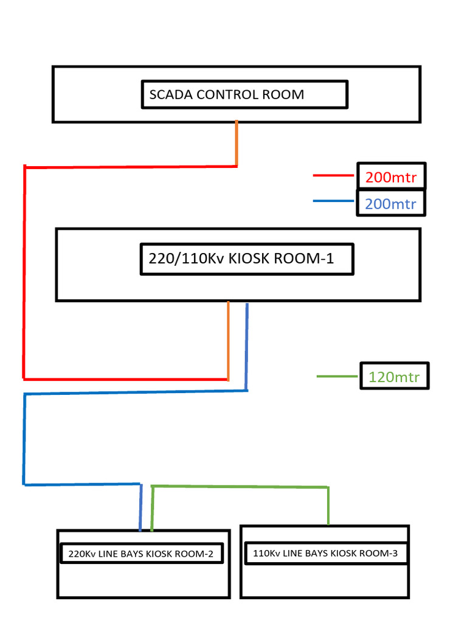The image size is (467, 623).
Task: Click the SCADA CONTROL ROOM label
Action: coord(227,95)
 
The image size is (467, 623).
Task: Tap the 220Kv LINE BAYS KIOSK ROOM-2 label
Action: coord(140,554)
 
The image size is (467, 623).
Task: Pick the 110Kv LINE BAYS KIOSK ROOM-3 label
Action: coord(325,554)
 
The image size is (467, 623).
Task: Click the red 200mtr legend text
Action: coord(390,178)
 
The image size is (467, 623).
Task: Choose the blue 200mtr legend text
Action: coord(390,204)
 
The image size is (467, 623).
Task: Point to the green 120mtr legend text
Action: coord(394,377)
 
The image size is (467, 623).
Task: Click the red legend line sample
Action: coord(333,176)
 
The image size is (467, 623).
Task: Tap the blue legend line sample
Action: coord(333,201)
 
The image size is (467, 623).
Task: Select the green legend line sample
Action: coord(337,377)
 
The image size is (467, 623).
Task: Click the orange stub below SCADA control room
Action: coord(237,143)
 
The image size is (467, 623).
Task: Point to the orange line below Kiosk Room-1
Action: coord(228,341)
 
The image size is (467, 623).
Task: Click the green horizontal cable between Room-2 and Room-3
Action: coord(240,486)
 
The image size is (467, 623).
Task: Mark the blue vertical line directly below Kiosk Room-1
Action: coord(247,346)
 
